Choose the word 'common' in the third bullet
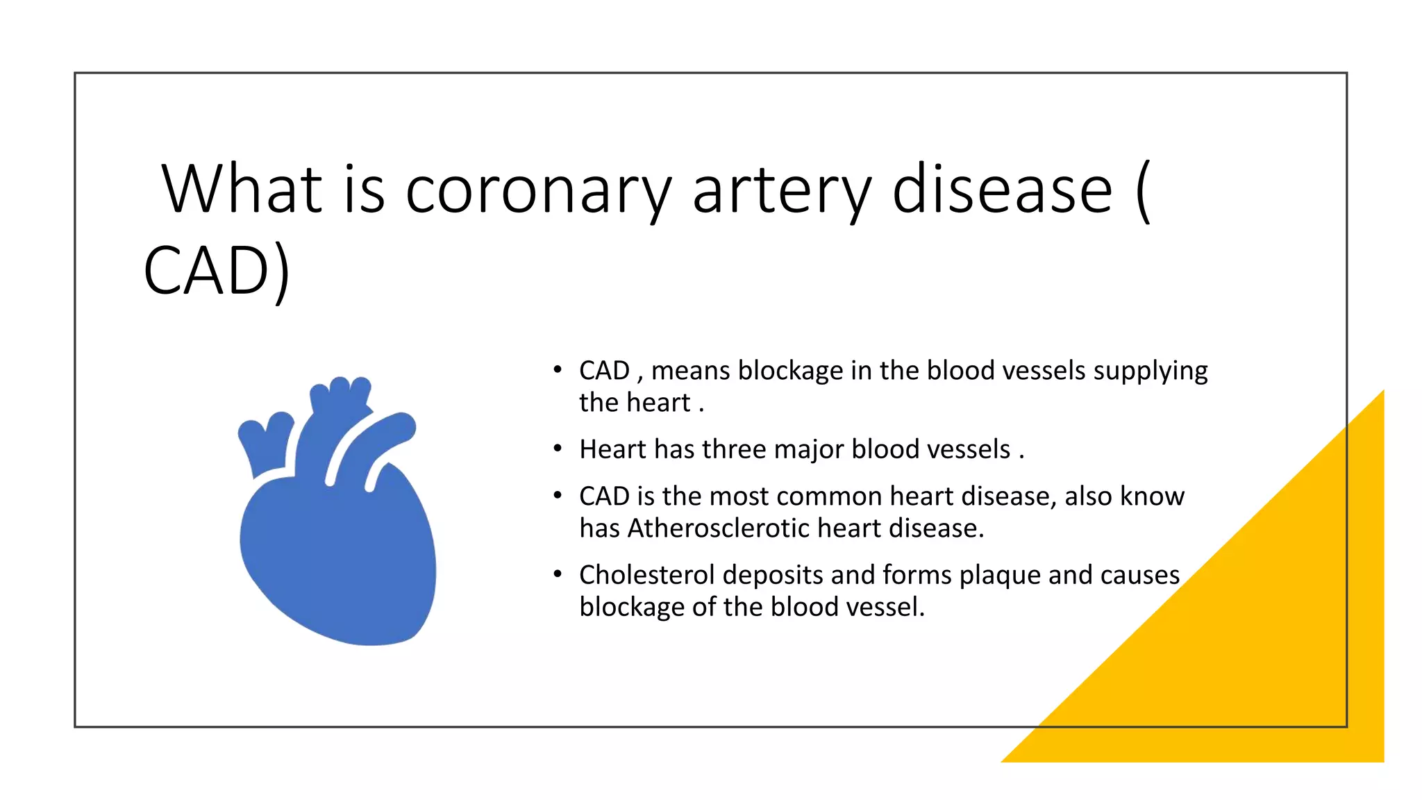[x=826, y=497]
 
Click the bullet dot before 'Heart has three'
[x=557, y=449]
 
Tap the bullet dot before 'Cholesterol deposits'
[x=557, y=575]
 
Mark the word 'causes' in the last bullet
[x=1140, y=575]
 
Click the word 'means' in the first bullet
[x=691, y=371]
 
